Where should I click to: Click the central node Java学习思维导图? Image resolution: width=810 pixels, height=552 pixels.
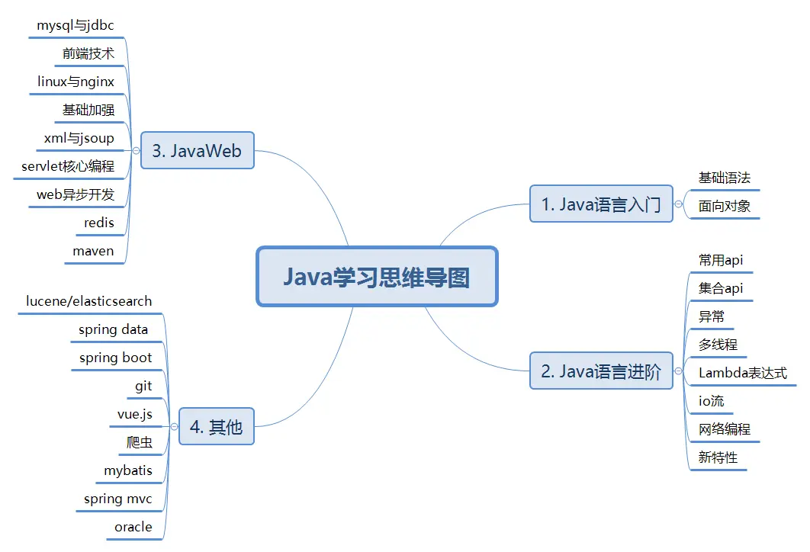[377, 276]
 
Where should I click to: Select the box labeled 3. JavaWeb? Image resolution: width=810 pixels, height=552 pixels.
[197, 150]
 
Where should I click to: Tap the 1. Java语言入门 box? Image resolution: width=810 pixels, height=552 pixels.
[601, 204]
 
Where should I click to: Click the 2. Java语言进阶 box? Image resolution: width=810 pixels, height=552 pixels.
[601, 371]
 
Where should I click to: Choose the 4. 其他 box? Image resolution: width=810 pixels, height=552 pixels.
[216, 427]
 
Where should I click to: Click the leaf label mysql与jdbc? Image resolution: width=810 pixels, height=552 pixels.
[76, 25]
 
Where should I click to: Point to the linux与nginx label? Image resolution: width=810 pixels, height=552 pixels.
[76, 82]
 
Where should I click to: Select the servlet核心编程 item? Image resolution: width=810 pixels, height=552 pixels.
[68, 166]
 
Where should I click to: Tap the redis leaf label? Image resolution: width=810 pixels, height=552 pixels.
[99, 223]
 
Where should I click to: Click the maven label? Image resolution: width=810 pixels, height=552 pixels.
[93, 251]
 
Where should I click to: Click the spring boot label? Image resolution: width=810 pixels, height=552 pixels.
[115, 358]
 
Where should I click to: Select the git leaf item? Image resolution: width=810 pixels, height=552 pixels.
[143, 386]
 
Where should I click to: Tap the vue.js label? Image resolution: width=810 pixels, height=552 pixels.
[134, 414]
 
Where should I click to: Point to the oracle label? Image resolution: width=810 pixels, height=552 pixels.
[133, 527]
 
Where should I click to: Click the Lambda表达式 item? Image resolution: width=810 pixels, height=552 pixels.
[742, 373]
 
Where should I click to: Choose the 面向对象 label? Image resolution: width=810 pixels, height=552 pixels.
[724, 206]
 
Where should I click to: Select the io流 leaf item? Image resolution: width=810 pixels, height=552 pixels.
[711, 401]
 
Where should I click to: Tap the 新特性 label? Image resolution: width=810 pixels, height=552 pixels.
[718, 457]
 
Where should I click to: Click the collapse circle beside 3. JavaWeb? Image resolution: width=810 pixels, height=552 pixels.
[136, 150]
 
